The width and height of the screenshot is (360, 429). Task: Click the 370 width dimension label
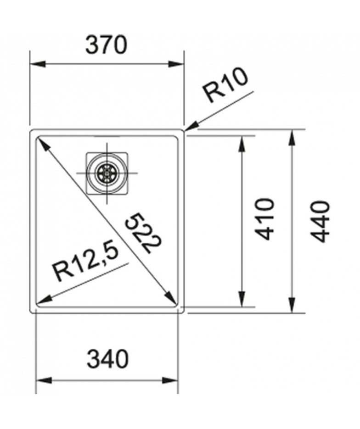point(106,45)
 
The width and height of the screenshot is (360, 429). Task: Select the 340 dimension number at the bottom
point(107,358)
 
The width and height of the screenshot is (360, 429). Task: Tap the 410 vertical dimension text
point(264,219)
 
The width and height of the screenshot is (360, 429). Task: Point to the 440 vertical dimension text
point(320,221)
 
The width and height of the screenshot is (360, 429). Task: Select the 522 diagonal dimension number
point(142,233)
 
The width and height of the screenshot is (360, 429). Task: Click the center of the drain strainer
point(107,173)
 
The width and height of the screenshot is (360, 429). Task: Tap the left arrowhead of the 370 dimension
point(37,64)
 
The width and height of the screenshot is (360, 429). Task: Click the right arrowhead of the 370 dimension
point(176,64)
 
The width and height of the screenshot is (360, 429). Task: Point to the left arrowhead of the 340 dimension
point(44,380)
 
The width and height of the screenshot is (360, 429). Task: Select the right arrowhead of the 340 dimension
point(170,380)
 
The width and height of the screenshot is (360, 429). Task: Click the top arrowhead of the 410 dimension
point(242,144)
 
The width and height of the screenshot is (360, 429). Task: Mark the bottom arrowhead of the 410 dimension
point(242,299)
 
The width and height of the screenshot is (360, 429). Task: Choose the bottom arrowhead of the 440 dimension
point(292,305)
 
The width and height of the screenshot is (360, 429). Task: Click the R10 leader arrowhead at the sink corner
point(191,127)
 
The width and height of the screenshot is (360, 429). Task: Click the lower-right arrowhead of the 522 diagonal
point(170,297)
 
